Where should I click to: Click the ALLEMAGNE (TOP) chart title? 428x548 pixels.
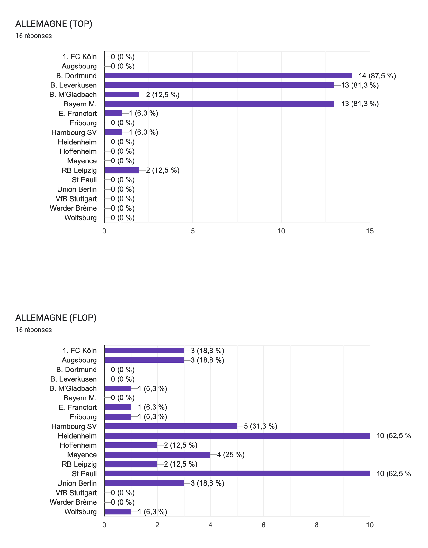tap(54, 24)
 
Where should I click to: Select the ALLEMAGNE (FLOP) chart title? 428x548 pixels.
tap(56, 318)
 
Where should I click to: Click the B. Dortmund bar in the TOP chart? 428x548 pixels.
tap(228, 76)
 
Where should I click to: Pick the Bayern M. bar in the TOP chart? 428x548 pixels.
tap(219, 104)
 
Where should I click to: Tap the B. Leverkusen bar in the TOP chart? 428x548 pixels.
tap(219, 85)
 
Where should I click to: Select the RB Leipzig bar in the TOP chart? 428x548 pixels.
tap(122, 170)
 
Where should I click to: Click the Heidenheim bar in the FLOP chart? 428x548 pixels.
tap(237, 436)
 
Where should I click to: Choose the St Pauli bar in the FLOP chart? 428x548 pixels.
tap(237, 474)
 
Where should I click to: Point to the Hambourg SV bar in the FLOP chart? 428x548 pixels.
tap(171, 426)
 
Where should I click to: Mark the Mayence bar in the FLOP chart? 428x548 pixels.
tap(157, 455)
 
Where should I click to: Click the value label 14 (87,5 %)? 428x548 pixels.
tap(377, 76)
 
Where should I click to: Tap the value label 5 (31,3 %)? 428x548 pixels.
tap(260, 426)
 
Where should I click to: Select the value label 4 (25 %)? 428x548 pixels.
tap(230, 455)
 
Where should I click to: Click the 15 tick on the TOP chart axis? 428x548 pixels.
tap(370, 231)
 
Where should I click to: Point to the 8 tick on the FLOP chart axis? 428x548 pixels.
tap(317, 525)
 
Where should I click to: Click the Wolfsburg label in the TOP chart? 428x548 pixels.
tap(80, 218)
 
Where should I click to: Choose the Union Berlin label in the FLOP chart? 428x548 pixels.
tap(77, 483)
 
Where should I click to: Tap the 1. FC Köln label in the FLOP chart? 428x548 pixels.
tap(80, 351)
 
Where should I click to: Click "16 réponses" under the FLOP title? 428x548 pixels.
tap(33, 330)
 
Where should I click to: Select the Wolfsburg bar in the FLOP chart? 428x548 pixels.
tap(118, 512)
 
